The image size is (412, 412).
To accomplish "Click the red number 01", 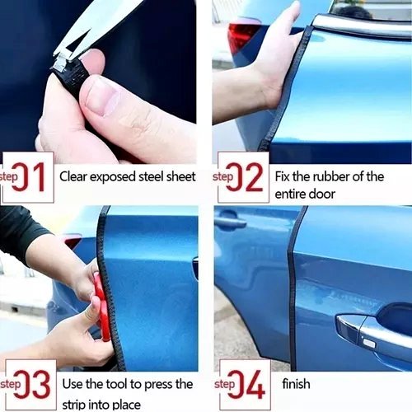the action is (x=28, y=176).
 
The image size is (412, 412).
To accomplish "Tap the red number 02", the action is (x=244, y=176).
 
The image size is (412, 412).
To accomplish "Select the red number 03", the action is (x=31, y=384).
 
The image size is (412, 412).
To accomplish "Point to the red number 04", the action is (x=246, y=384).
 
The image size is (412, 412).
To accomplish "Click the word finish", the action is (x=296, y=384).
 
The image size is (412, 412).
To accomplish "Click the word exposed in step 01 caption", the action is (x=113, y=177).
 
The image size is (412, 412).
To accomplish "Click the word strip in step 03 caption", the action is (x=73, y=405).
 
